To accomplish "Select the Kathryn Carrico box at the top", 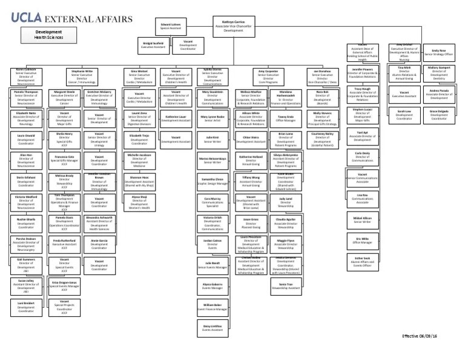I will click(233, 25).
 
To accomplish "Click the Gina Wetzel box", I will click(139, 77).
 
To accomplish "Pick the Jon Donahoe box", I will click(322, 76).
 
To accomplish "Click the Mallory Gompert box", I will click(439, 74).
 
